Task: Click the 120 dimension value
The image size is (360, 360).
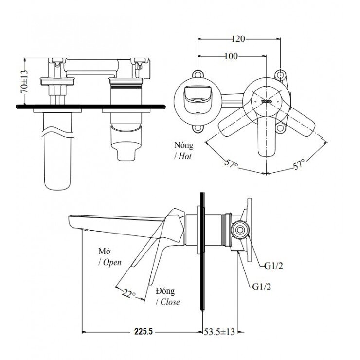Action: coord(238,38)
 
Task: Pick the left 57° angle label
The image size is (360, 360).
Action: coord(230,162)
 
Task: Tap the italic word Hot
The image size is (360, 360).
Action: coord(184,156)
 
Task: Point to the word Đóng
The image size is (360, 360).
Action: coord(166,290)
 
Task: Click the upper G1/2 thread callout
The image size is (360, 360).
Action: coord(274,266)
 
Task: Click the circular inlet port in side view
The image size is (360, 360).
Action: coord(238,229)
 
